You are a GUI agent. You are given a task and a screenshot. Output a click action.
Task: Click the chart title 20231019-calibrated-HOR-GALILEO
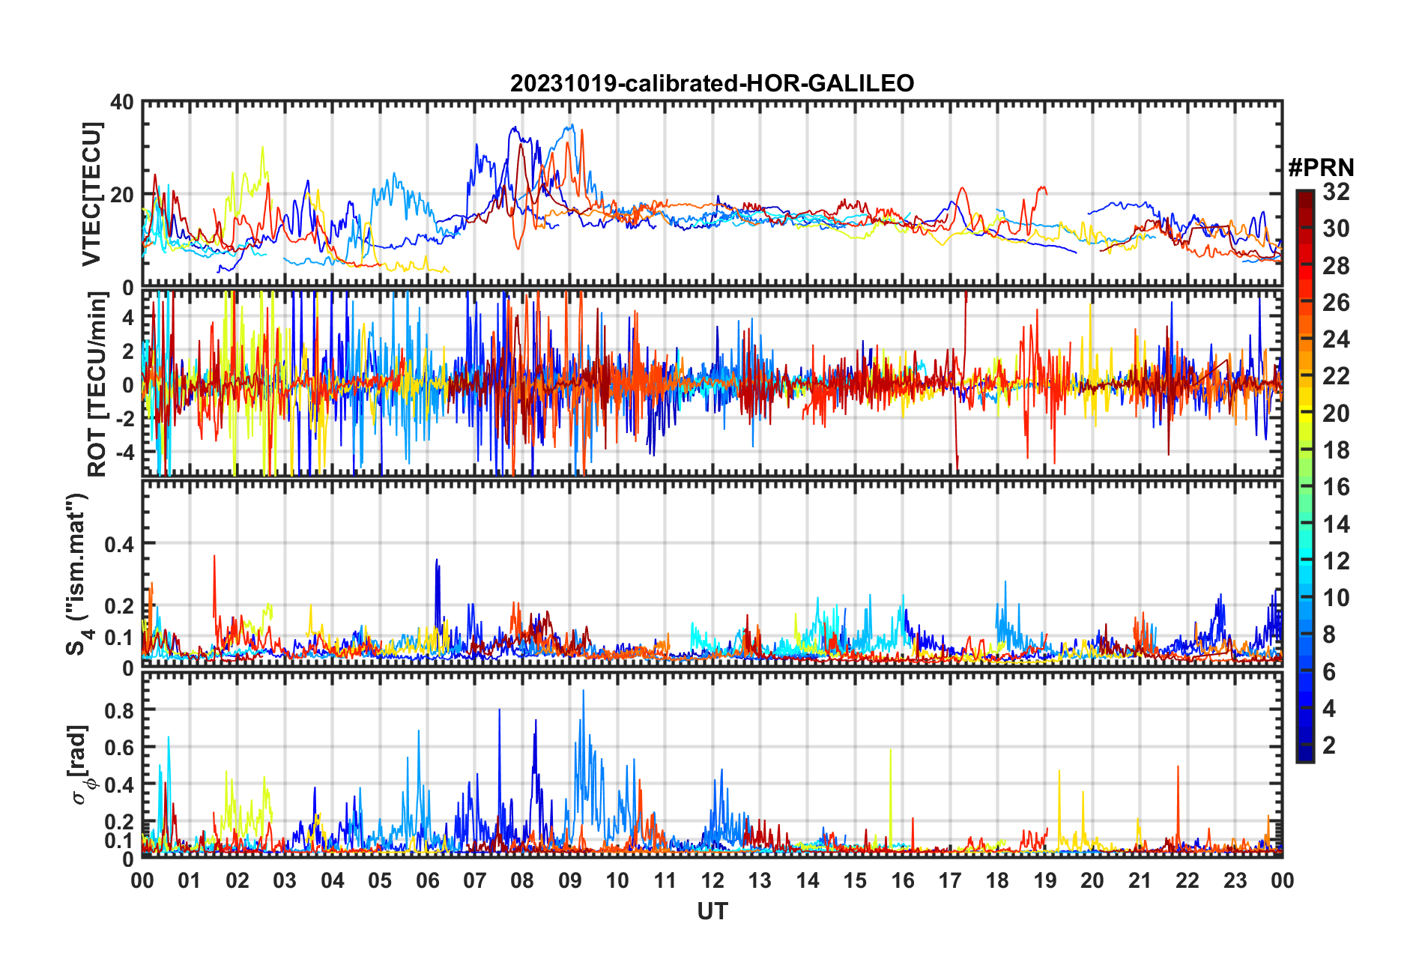(712, 83)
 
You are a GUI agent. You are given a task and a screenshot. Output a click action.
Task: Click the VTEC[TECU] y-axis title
(91, 194)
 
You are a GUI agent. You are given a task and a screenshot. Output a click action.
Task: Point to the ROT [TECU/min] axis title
(97, 384)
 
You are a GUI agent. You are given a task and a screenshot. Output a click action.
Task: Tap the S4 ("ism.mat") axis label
(78, 574)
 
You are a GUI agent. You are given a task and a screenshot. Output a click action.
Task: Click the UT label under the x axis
(712, 911)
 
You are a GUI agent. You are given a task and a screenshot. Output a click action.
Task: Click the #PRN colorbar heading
(1321, 167)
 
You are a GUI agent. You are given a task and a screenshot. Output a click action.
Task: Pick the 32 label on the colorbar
(1336, 192)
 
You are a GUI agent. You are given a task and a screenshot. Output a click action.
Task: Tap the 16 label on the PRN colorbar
(1336, 487)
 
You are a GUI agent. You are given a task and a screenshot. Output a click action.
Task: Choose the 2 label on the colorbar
(1329, 745)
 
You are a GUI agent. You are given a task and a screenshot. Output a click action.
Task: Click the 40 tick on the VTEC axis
(122, 102)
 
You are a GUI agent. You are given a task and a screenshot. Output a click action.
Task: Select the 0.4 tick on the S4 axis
(119, 544)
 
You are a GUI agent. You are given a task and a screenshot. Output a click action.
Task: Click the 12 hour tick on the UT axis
(712, 880)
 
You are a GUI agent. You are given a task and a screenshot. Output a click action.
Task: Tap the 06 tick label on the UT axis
(427, 880)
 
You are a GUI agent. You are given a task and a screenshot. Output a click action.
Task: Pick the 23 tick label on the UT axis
(1235, 880)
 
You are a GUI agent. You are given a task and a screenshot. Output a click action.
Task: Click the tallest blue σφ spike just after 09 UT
(584, 692)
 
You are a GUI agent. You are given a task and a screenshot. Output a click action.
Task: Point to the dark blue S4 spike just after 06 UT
(437, 560)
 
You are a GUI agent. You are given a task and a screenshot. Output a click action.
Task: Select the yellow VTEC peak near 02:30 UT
(262, 148)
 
